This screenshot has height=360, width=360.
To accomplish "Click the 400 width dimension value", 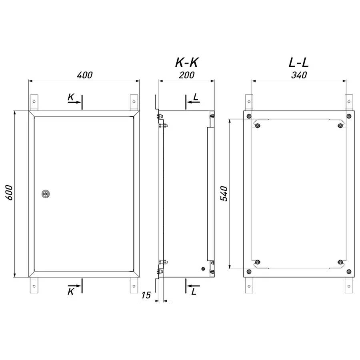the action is pyautogui.click(x=84, y=75).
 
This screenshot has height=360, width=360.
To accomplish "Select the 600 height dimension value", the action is pyautogui.click(x=9, y=192).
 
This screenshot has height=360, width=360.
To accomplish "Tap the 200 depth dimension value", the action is pyautogui.click(x=186, y=75).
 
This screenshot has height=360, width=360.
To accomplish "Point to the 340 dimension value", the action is pyautogui.click(x=299, y=75).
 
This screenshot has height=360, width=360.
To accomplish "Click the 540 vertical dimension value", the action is pyautogui.click(x=224, y=194).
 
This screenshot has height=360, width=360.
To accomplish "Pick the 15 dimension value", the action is pyautogui.click(x=146, y=295).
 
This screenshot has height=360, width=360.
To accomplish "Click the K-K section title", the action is pyautogui.click(x=186, y=62).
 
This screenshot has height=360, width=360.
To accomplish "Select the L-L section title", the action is pyautogui.click(x=298, y=62).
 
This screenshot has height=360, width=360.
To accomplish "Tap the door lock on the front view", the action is pyautogui.click(x=46, y=194).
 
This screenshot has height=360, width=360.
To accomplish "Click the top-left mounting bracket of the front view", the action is pyautogui.click(x=34, y=102).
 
